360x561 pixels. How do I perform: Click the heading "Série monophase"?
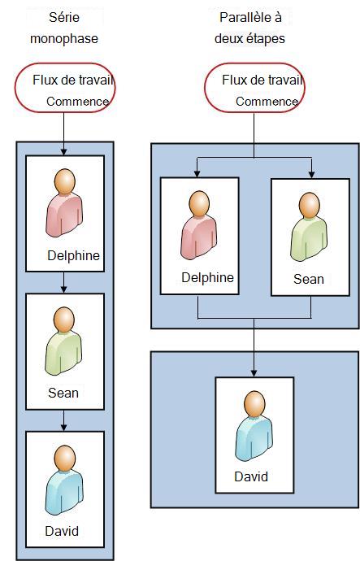click(64, 28)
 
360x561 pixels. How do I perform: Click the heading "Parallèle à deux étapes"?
click(250, 28)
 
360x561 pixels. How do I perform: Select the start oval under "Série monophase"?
click(65, 88)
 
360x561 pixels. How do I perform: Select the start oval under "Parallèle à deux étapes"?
click(254, 88)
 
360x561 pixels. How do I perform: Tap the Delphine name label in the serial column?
click(73, 255)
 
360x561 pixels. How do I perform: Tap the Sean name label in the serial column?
click(63, 393)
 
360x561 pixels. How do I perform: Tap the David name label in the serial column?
click(62, 531)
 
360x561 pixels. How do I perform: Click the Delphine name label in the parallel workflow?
click(207, 277)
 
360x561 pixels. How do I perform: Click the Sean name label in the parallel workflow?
click(309, 279)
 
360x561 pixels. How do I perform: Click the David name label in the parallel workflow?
click(251, 476)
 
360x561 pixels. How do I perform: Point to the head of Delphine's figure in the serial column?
click(65, 181)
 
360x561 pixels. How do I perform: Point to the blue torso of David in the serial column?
click(64, 492)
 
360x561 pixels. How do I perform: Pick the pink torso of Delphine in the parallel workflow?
click(199, 237)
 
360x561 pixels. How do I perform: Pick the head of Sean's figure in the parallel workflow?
click(310, 205)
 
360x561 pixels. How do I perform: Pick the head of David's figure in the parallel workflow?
click(254, 402)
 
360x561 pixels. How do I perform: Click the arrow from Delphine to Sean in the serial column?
click(63, 282)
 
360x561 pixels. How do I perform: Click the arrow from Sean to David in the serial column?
click(63, 420)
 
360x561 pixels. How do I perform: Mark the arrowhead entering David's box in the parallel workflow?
click(254, 373)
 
